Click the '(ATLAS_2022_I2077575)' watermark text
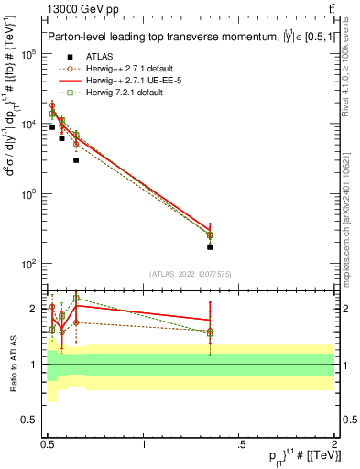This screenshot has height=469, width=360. point(190,274)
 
